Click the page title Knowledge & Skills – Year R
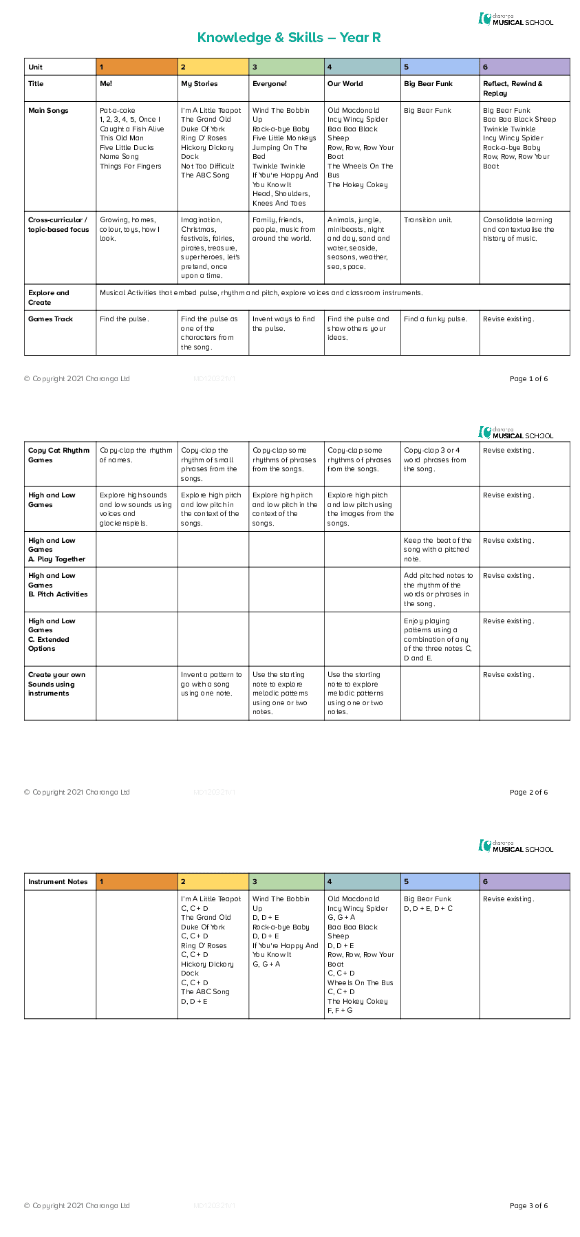(289, 38)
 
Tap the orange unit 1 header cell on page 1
(137, 67)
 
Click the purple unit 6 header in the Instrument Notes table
(524, 881)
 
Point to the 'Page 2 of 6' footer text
(528, 792)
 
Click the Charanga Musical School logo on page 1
(516, 19)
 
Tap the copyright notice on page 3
(76, 1205)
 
